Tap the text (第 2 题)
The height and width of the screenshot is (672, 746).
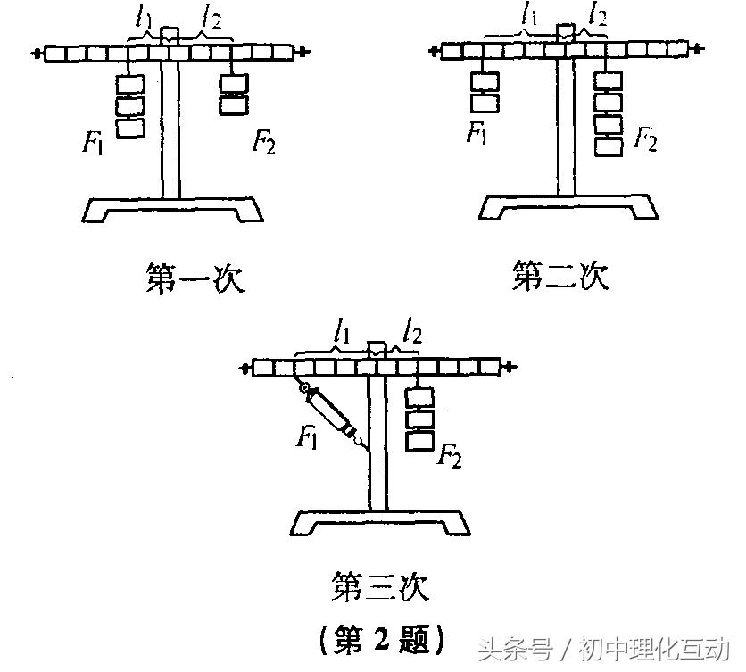coord(381,637)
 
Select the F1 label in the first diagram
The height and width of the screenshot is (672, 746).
coord(93,142)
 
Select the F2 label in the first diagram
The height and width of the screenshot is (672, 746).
coord(263,142)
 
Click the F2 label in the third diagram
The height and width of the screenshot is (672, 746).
coord(450,458)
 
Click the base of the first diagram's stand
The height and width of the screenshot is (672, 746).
coord(173,209)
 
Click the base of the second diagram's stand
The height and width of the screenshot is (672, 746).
coord(568,206)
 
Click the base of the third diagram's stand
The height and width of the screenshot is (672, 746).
coord(380,523)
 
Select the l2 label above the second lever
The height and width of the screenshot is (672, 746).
coord(596,16)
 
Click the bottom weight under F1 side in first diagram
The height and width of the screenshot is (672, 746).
coord(130,128)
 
